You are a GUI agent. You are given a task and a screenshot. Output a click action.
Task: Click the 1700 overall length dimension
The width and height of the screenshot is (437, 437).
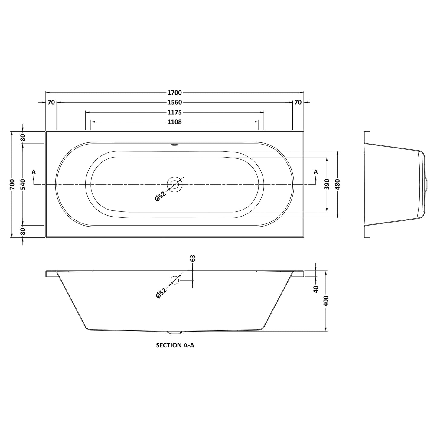tap(174, 93)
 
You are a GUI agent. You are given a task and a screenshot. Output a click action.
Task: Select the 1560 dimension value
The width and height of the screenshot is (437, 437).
tap(174, 103)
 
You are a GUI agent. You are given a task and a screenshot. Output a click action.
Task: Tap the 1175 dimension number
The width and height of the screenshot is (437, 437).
tap(174, 112)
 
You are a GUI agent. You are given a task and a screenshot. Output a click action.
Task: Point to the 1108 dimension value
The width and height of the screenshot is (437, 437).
tap(174, 122)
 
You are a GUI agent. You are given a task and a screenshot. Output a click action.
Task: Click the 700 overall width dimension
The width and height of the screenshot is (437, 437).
tap(12, 184)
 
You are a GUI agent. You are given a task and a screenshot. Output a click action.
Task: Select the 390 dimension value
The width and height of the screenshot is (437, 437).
tap(327, 184)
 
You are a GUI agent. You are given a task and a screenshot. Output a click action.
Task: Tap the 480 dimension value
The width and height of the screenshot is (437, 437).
tap(338, 184)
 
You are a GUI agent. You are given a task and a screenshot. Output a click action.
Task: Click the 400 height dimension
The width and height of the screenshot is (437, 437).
tap(326, 301)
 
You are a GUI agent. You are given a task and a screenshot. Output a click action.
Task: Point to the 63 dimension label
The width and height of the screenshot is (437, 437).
tap(193, 258)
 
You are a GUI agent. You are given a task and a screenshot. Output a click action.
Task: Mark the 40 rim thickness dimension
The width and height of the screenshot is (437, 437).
tap(316, 289)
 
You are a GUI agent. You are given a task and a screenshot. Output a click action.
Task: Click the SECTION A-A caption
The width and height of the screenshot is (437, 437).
tap(175, 345)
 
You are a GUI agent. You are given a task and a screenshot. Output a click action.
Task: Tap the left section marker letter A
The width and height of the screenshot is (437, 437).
tap(34, 172)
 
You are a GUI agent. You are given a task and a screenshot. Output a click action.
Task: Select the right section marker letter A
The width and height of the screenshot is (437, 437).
tap(315, 172)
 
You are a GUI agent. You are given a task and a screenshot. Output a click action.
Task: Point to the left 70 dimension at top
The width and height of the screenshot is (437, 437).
tap(51, 103)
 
